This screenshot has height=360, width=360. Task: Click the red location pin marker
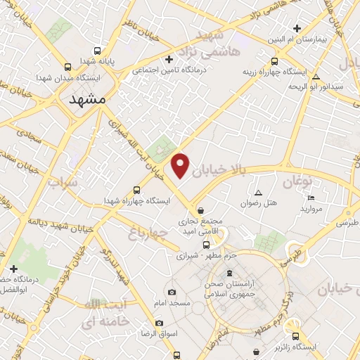coord(181,165)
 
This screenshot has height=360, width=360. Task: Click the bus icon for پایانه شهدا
coord(97,50)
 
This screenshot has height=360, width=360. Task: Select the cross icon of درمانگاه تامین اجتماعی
coord(168,59)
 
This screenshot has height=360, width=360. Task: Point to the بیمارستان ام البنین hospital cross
coord(297,29)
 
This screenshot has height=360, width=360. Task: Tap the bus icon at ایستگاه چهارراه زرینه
coord(274,60)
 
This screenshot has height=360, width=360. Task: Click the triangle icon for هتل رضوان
coord(258,193)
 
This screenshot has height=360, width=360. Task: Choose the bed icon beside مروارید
coord(311,198)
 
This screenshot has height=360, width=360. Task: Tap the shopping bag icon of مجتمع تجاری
coord(201,210)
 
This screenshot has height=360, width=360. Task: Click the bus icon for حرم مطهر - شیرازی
coord(206,245)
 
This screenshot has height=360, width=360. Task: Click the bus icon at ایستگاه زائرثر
coord(296,337)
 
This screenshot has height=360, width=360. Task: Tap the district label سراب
coord(63,184)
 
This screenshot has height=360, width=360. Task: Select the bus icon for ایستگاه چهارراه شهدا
coord(136,190)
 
